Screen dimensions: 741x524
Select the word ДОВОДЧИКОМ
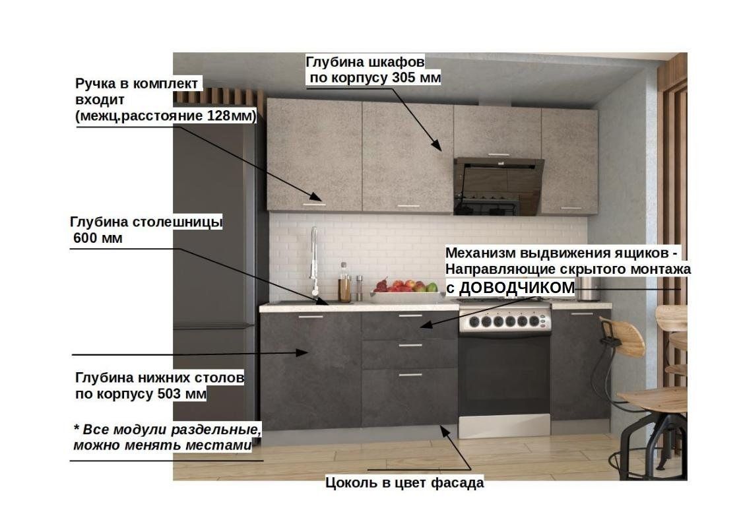(x=517, y=287)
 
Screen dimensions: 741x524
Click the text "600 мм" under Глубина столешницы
(x=98, y=238)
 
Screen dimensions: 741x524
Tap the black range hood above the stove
(x=498, y=186)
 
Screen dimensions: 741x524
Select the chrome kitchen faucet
(x=314, y=261)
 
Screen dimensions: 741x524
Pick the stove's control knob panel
(x=504, y=321)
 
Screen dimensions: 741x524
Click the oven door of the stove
(x=504, y=376)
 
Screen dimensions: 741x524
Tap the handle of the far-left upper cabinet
(x=314, y=204)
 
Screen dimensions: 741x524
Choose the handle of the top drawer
(x=410, y=315)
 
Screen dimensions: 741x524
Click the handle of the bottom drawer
(x=410, y=375)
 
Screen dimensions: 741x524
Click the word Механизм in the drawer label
(x=480, y=253)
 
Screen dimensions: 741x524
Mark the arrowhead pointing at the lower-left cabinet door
(x=302, y=352)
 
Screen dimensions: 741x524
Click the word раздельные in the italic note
(x=216, y=430)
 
